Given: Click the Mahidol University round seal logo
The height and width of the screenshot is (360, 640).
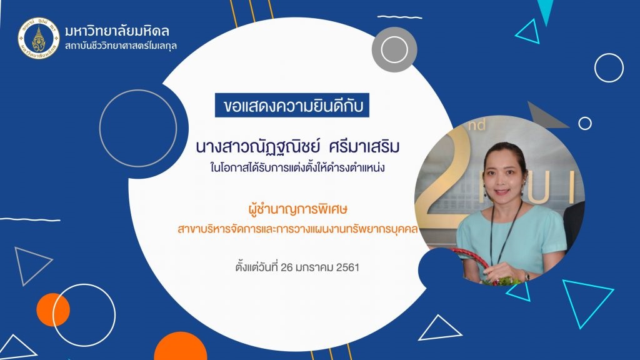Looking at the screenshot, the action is pos(39,38).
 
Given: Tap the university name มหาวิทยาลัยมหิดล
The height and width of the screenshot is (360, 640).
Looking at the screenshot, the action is pos(117,31).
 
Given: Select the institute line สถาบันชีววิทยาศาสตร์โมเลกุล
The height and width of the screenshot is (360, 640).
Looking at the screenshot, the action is pos(121,46).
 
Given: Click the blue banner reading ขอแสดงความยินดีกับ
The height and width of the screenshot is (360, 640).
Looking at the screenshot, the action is pos(292,105).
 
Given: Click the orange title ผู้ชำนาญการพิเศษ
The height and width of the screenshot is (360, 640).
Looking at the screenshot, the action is pos(297,209).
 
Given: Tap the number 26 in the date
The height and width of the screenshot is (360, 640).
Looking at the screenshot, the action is pos(287,267).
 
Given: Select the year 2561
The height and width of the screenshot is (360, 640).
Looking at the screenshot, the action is pos(347,267).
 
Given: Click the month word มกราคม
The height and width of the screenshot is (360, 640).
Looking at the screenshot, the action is pos(315,267).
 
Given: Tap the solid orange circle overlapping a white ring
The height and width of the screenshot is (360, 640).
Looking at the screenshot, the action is pos(52,310).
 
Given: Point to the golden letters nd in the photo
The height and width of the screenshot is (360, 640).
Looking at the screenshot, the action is pos(477,124).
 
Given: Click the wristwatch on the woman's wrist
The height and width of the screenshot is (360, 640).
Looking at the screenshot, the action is pos(527,276).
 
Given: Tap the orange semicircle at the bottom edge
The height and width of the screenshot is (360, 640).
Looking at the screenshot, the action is pos(180,346).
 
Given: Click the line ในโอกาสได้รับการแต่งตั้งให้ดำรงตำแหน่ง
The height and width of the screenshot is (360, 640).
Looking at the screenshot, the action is pos(297,167).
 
